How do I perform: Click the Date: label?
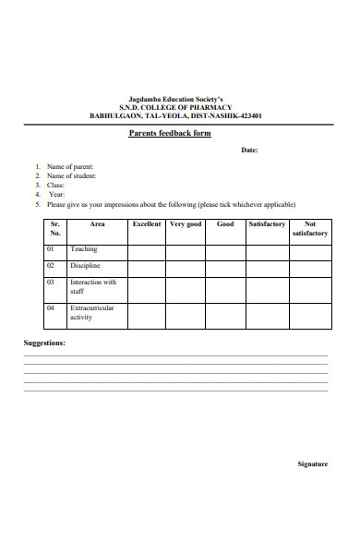click(249, 151)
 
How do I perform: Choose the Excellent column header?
click(147, 224)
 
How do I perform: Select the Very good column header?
click(186, 224)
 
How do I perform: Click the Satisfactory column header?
click(268, 224)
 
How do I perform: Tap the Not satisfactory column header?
click(310, 229)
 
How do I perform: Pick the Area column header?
click(97, 224)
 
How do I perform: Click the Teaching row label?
click(83, 249)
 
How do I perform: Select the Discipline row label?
click(86, 266)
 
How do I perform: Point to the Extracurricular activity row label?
click(92, 313)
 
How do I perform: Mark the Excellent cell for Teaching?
click(147, 252)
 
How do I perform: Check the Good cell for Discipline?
click(225, 269)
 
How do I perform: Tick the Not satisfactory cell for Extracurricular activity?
click(310, 315)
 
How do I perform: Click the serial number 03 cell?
click(52, 283)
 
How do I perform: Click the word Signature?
click(312, 464)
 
